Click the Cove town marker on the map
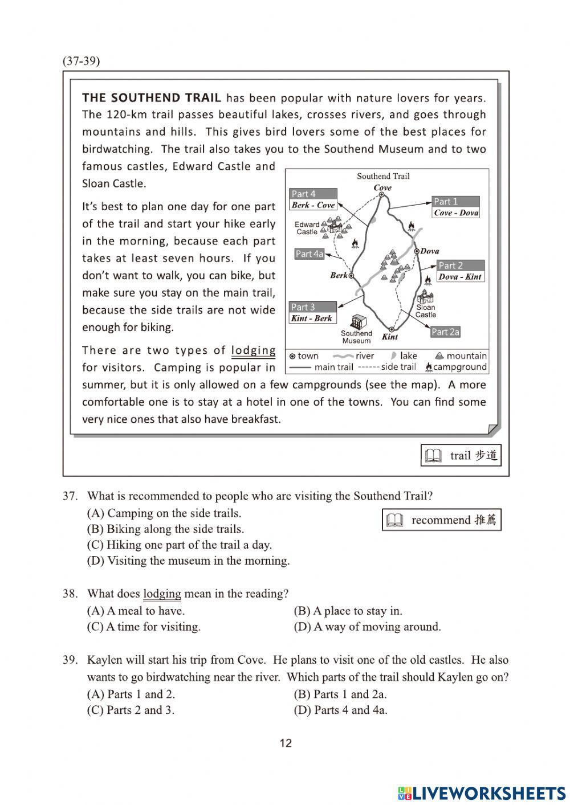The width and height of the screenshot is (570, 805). coord(382,195)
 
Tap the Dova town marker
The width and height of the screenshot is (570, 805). coord(416,251)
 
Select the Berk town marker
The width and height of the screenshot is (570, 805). coord(351,276)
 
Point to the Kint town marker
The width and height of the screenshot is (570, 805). coord(391,329)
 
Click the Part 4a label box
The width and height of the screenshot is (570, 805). coord(310,254)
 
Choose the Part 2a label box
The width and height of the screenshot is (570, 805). coord(445,332)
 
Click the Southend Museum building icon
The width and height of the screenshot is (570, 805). coord(359,321)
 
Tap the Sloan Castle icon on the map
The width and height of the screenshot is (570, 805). coord(425,297)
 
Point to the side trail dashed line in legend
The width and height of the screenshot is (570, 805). coord(368,367)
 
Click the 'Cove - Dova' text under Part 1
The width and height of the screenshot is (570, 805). coord(456,213)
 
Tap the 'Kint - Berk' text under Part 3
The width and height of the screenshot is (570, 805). coord(311,318)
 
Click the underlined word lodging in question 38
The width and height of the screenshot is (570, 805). coord(162,594)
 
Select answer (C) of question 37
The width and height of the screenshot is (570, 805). coord(179,545)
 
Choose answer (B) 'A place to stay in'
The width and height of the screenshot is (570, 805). coord(348,611)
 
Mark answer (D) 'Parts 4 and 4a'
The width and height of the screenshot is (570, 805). coord(340,710)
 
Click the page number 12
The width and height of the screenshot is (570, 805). coord(286,743)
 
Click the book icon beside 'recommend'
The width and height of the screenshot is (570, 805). coord(394,520)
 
